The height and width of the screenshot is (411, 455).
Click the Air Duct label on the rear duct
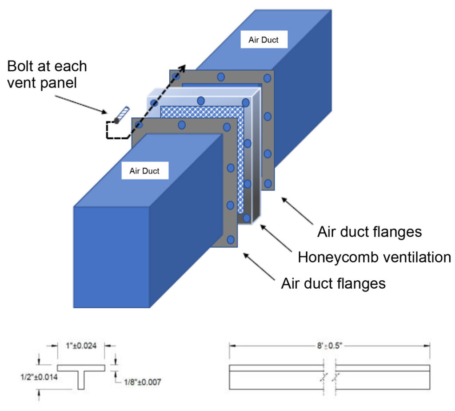(x=264, y=40)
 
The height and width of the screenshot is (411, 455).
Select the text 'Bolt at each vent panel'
(x=47, y=74)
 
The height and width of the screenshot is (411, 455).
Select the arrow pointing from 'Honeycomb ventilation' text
(x=275, y=239)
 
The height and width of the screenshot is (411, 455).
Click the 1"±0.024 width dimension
(x=80, y=344)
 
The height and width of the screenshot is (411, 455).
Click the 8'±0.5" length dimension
(x=329, y=345)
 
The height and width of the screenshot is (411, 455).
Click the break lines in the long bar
(x=329, y=377)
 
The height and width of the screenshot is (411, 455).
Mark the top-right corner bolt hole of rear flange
(x=267, y=78)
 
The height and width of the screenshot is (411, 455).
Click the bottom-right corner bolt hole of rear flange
(x=267, y=183)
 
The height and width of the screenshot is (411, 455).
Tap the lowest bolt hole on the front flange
(x=230, y=240)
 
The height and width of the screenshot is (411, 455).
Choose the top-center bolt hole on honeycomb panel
(x=201, y=101)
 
